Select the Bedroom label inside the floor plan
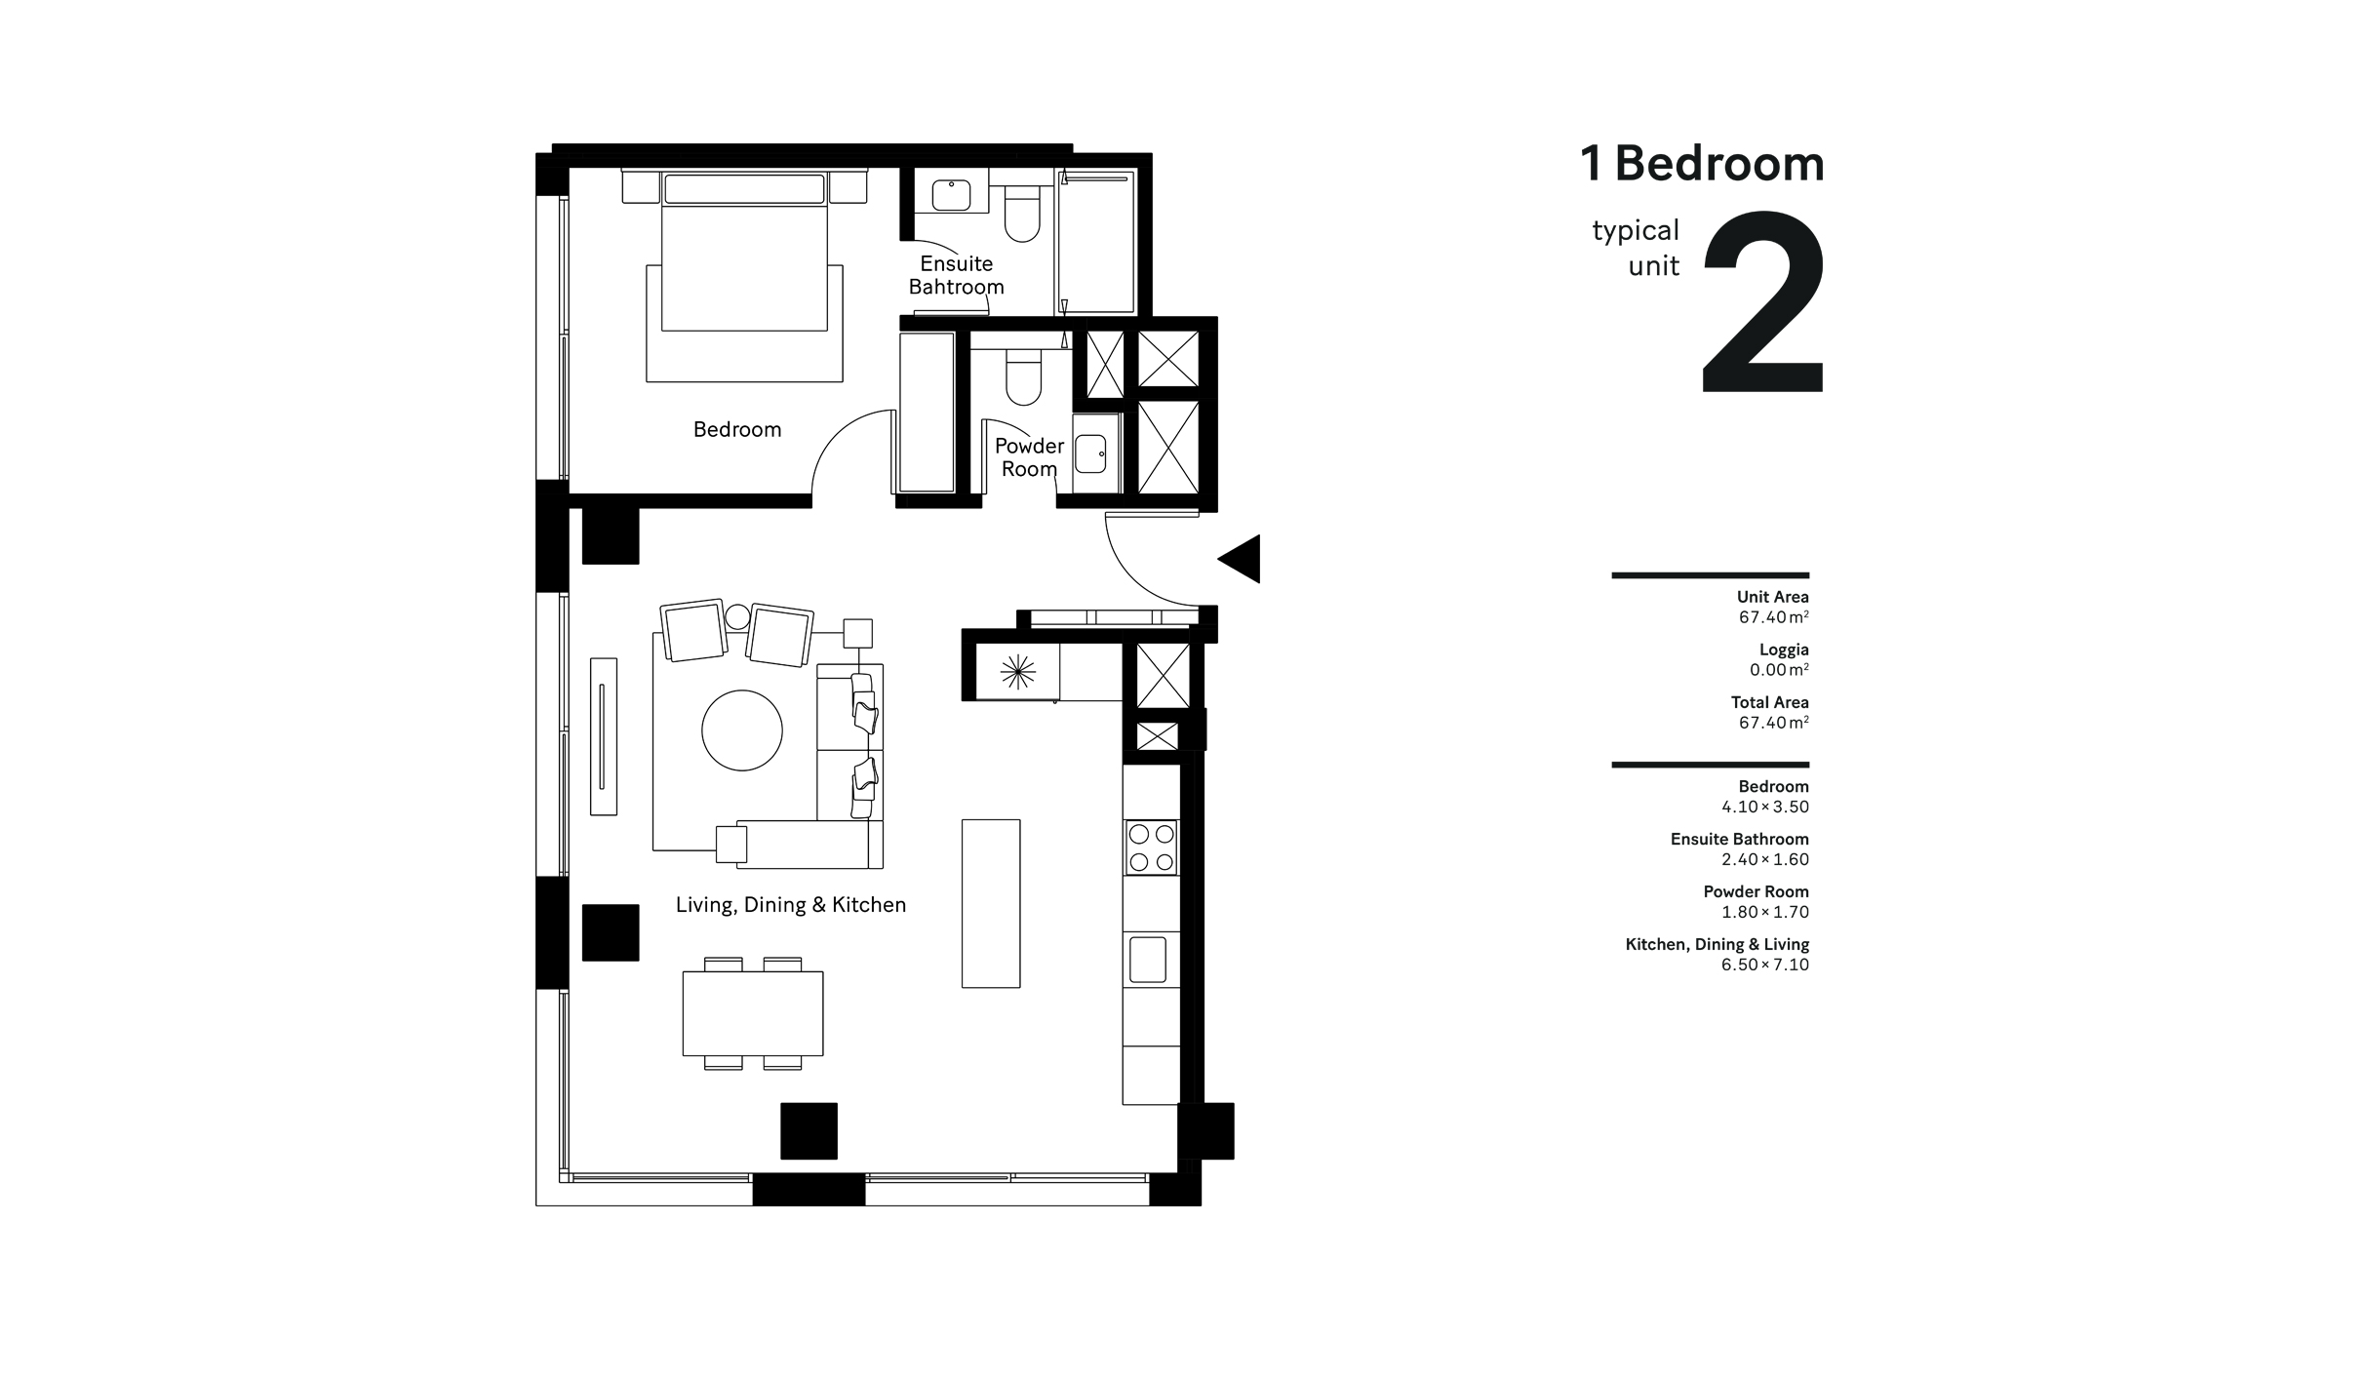[736, 429]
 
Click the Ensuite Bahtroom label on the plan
[956, 275]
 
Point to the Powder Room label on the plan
[1029, 457]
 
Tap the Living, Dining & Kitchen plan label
[790, 905]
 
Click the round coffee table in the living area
[741, 730]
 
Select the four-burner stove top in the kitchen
[1151, 848]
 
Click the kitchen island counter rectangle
[991, 903]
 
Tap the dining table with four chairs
[752, 1013]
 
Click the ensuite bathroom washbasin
[951, 195]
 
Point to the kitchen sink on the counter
[1148, 960]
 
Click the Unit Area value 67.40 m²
[1773, 617]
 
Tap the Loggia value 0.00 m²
[1778, 670]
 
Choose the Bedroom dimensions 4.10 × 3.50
[1764, 807]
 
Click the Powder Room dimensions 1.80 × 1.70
[1764, 912]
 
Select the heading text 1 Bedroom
[1701, 164]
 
